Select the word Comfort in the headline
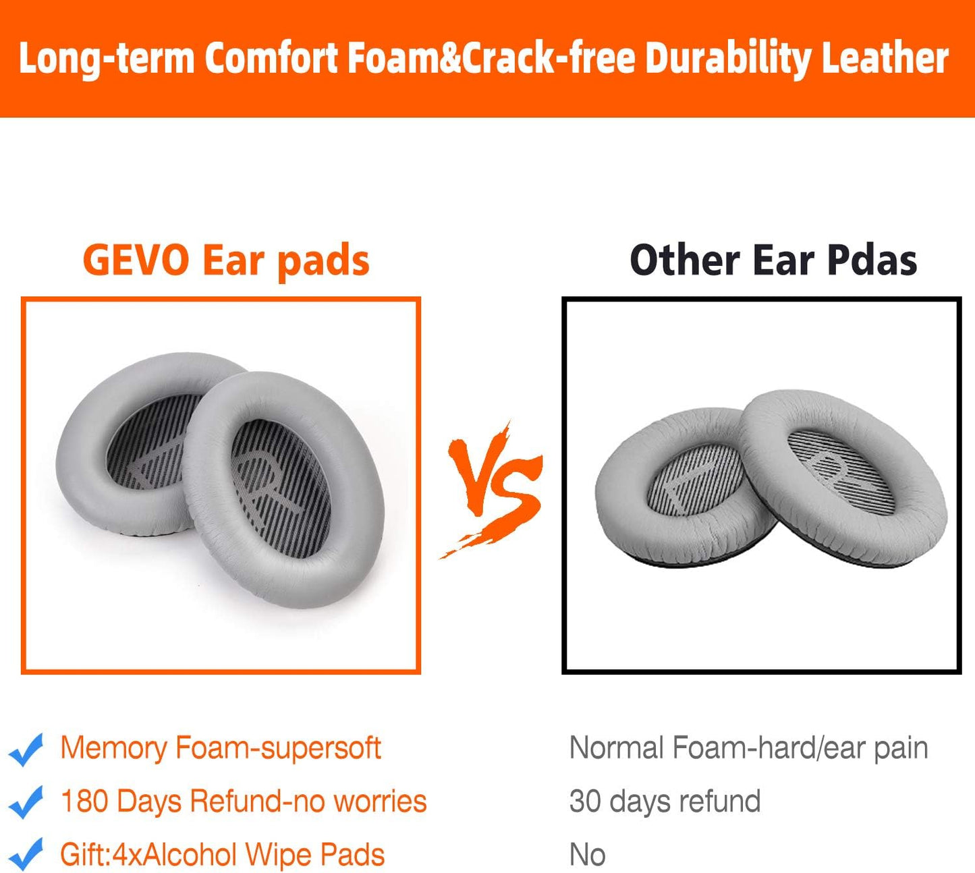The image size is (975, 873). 271,59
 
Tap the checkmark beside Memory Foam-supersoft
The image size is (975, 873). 26,749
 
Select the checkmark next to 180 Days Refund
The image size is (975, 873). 26,802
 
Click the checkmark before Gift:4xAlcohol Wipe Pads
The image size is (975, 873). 26,855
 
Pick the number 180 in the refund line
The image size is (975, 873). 84,801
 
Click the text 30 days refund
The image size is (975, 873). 665,801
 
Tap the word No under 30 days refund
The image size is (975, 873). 587,855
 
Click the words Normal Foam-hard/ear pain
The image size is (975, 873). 748,748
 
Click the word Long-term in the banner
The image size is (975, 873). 106,59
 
